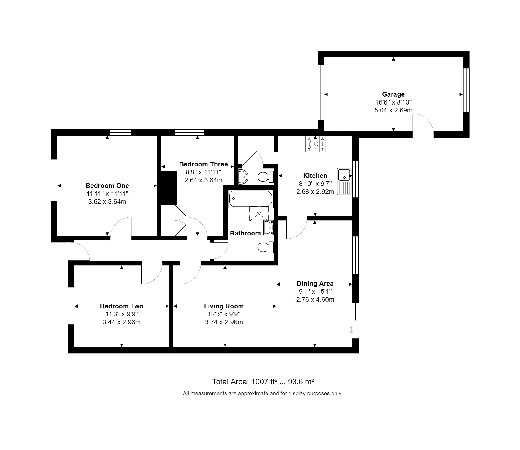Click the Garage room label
(x=393, y=94)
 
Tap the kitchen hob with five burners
(x=316, y=144)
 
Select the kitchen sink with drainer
(x=344, y=182)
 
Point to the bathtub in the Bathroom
(x=251, y=199)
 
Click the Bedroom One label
(x=107, y=185)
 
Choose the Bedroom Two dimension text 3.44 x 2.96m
(x=122, y=322)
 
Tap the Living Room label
(x=224, y=306)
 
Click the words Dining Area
(x=315, y=284)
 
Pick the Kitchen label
(x=315, y=176)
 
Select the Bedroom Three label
(x=204, y=164)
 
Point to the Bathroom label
(x=245, y=233)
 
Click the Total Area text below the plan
(x=263, y=382)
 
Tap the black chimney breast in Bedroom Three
(x=169, y=188)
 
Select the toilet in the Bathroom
(x=266, y=247)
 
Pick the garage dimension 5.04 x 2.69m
(x=393, y=110)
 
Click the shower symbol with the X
(x=259, y=214)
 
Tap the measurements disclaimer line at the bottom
(x=262, y=393)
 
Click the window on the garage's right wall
(x=466, y=90)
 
